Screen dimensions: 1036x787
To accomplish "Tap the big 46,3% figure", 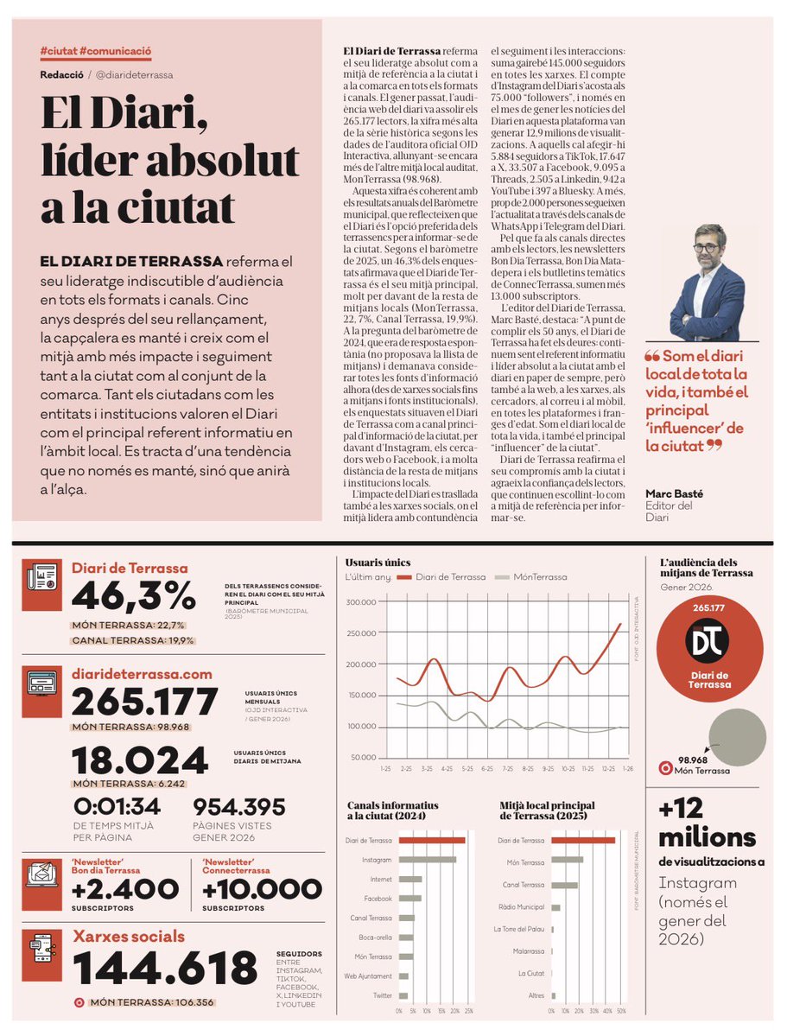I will (x=134, y=596).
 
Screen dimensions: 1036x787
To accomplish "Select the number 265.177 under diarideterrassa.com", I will (x=145, y=701).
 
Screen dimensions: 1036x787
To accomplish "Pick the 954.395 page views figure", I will (x=239, y=807).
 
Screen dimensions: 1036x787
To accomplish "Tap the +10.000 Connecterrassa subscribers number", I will (x=262, y=888).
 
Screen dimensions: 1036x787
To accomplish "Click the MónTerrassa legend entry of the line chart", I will (x=540, y=577).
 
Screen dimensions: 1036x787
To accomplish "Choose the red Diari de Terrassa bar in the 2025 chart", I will (x=583, y=840).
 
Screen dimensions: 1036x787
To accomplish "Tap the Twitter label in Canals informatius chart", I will (x=382, y=996).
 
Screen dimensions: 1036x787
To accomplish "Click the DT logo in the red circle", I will (x=708, y=641).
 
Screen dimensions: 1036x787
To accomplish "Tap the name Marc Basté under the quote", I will (x=675, y=493).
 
